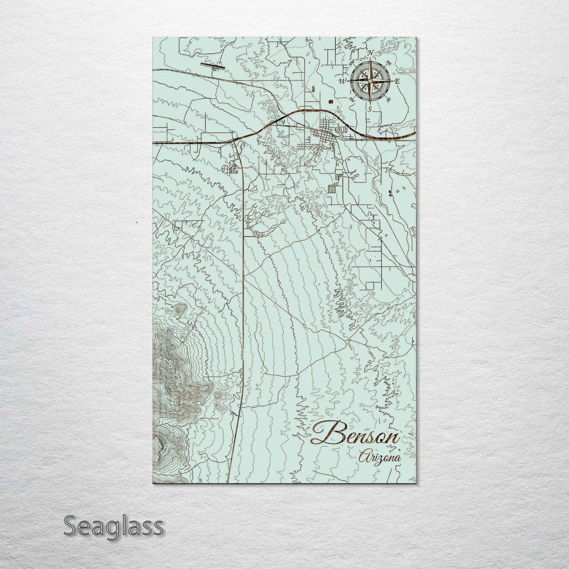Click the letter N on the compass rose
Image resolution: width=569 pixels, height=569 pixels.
(370, 53)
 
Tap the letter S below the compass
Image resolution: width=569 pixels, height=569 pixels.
(370, 109)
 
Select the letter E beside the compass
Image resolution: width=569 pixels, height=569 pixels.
(397, 81)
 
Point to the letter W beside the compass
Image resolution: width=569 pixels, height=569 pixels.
(341, 81)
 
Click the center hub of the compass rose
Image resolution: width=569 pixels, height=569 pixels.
(370, 81)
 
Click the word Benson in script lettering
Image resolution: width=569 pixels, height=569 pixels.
(355, 435)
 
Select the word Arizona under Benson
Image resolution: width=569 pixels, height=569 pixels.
(379, 457)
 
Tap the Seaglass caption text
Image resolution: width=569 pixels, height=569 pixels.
(113, 526)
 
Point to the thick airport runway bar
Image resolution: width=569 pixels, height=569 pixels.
(212, 66)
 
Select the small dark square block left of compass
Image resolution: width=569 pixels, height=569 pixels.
(330, 101)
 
